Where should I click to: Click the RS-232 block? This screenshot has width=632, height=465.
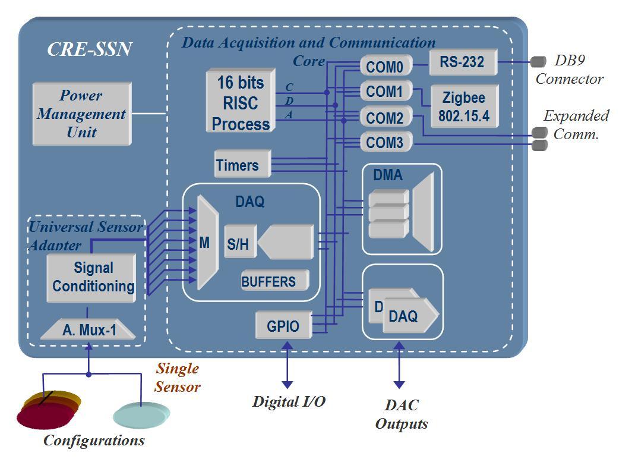[462, 62]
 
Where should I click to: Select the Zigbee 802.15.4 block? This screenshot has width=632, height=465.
[464, 106]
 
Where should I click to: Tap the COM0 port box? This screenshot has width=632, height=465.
[384, 66]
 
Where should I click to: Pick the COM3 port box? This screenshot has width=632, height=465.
[384, 143]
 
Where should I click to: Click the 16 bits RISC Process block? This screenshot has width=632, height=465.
[241, 102]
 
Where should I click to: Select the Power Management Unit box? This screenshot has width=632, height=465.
[81, 114]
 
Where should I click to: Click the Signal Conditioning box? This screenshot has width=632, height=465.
[92, 277]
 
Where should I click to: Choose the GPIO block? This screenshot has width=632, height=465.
[283, 325]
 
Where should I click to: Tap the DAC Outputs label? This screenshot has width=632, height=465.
[402, 414]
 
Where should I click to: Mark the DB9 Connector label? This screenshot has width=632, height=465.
[569, 70]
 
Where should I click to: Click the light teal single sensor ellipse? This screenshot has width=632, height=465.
[141, 415]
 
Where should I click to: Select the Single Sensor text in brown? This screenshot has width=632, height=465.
[177, 378]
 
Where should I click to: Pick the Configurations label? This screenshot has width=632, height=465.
[94, 441]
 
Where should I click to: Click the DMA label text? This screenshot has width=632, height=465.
[388, 175]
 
